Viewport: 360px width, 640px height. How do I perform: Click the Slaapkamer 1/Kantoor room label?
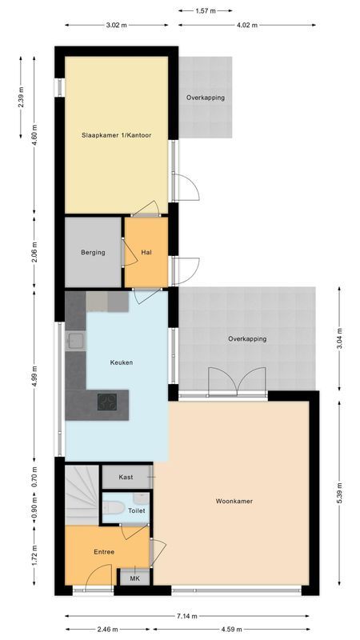(115, 135)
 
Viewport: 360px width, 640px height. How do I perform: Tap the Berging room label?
(93, 253)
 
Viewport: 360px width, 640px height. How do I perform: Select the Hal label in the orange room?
(146, 253)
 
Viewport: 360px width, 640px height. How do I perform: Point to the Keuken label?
(122, 362)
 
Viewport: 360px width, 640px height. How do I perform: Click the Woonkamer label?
(234, 502)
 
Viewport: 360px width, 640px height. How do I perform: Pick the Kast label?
(126, 477)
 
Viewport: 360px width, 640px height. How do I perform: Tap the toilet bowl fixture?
(113, 507)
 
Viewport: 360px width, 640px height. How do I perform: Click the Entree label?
(104, 552)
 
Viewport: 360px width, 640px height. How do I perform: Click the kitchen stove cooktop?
(108, 401)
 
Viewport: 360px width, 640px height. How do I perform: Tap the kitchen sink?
(77, 342)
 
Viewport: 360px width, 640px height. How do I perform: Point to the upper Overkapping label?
(206, 98)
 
